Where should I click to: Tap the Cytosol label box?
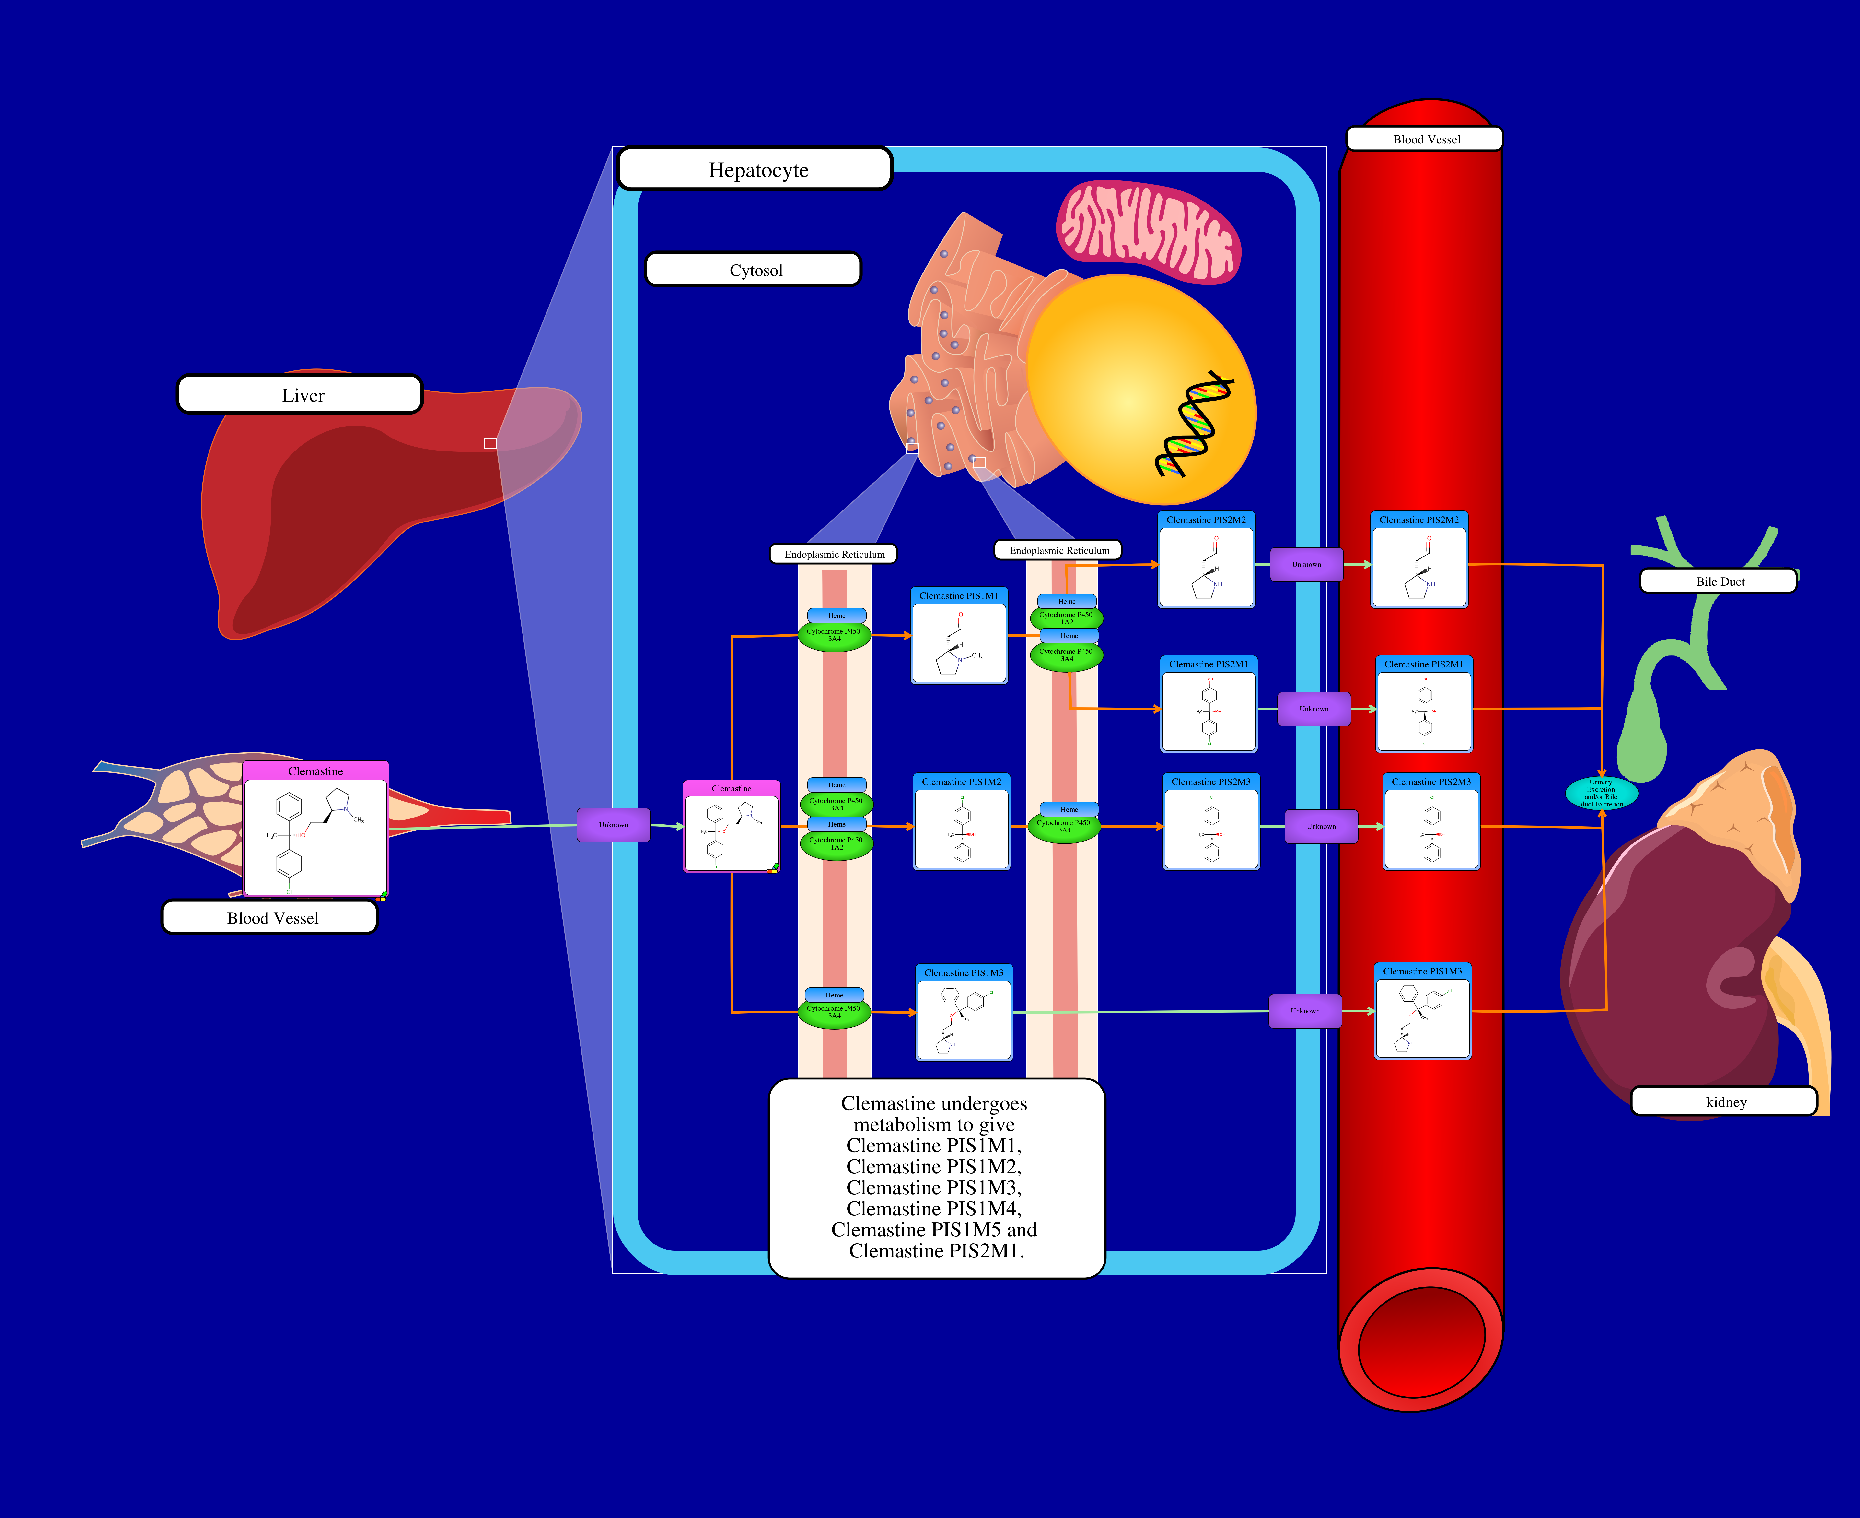click(x=754, y=269)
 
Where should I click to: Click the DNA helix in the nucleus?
click(x=1193, y=424)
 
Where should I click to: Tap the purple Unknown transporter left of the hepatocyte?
click(x=614, y=825)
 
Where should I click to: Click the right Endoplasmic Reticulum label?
click(x=1058, y=550)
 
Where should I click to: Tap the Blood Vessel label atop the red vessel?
click(x=1425, y=139)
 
